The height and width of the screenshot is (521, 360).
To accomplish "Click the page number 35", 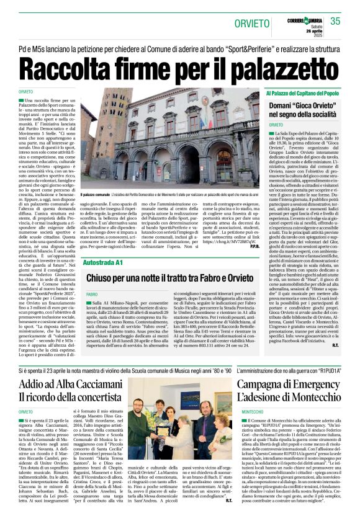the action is click(x=335, y=21).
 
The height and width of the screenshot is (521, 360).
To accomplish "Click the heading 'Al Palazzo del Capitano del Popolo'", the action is click(x=302, y=93).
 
